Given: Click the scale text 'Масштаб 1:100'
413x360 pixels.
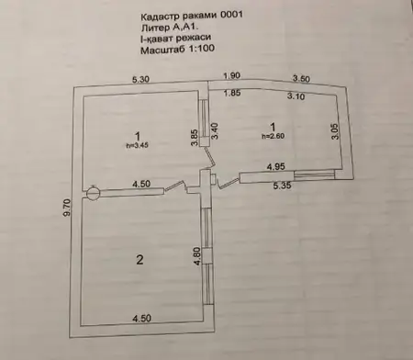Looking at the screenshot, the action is tap(177, 49).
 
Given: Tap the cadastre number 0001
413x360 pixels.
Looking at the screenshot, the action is tap(231, 15).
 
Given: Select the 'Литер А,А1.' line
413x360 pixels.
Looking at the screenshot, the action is tap(170, 28).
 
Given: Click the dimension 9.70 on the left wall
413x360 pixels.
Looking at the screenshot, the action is tap(67, 208).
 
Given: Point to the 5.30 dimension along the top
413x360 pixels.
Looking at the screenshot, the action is tap(140, 80).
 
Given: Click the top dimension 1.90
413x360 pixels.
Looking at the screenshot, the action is tap(231, 75).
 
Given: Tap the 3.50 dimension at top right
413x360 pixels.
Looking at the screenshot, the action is tap(301, 79).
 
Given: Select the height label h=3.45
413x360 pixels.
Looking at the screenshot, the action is tap(138, 146).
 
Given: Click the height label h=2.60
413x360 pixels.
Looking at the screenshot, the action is tap(273, 136).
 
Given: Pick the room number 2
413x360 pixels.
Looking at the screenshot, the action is tap(140, 260).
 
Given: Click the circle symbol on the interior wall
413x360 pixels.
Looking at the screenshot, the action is tap(93, 193).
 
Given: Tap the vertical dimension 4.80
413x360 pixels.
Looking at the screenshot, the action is tap(197, 256).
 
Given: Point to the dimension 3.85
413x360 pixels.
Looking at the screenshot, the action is tap(195, 138).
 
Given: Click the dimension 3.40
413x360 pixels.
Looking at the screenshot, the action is tap(215, 131).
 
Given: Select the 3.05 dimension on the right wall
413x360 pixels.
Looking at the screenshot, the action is tap(336, 131).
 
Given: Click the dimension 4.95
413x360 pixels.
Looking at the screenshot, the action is tap(276, 167).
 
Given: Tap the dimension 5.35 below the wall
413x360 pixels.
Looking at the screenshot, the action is tap(282, 186).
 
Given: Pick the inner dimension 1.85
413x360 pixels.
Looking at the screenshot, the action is tap(232, 94).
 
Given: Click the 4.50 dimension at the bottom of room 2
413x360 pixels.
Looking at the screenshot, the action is tap(141, 318).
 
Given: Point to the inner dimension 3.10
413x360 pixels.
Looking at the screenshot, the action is tap(296, 96).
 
